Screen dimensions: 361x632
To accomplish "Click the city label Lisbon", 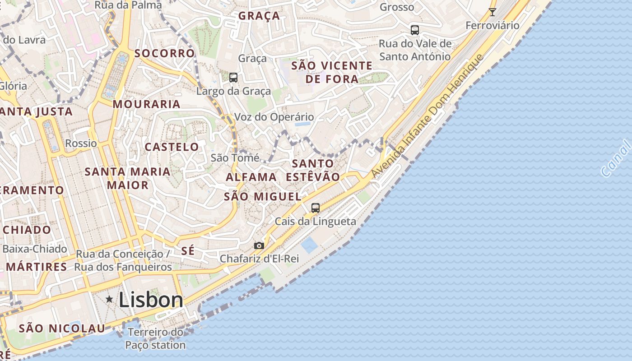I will (151, 300).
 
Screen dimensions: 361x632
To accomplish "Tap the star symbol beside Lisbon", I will (109, 299).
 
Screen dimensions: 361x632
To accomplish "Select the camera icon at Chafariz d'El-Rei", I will (259, 245).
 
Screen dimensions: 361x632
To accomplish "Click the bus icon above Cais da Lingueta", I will (316, 208).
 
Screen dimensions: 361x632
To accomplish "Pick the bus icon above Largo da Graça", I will (233, 78).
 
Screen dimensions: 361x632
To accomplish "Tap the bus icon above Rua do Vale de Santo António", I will (415, 30).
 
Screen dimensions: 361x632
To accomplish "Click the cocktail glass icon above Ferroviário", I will (493, 12).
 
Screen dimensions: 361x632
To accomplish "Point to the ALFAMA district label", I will (251, 177).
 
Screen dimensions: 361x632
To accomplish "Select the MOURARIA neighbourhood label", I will (146, 104).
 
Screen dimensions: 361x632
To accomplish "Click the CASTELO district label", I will (172, 147).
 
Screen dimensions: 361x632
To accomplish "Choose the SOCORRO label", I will (164, 53).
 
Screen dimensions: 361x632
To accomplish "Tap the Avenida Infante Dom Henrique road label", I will (427, 116).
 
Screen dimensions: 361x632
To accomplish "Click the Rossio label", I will (81, 143).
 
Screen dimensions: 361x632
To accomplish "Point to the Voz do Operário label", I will (274, 117).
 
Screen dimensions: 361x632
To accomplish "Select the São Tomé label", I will (235, 158).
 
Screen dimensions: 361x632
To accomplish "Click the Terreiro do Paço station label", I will (155, 338).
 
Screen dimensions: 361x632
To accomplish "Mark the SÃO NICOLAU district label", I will (62, 328).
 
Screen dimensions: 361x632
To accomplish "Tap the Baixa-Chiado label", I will (35, 249).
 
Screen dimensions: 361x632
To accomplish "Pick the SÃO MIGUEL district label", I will (263, 196).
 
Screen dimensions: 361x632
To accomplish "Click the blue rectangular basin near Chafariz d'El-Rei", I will (310, 245).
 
